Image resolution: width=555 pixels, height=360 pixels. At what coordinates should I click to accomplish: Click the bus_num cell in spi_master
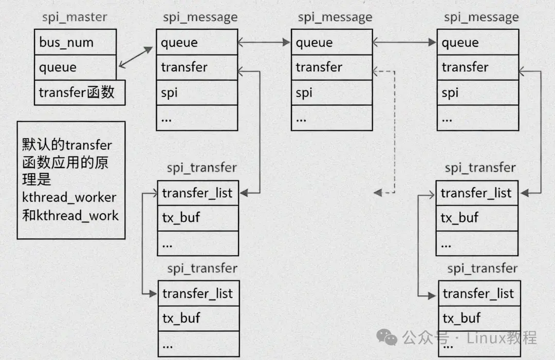(75, 42)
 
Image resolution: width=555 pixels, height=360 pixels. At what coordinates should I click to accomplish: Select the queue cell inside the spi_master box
(75, 67)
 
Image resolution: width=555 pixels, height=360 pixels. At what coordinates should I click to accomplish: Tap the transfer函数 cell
(79, 92)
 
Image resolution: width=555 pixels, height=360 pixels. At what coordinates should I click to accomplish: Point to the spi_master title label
(75, 17)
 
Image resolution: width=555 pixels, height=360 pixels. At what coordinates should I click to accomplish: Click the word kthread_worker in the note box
(69, 197)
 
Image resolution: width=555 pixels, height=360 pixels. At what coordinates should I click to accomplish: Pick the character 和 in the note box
(28, 215)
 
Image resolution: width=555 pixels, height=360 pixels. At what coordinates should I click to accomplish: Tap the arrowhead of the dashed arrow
(378, 193)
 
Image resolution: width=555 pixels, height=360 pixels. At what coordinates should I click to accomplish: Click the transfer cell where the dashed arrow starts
(331, 67)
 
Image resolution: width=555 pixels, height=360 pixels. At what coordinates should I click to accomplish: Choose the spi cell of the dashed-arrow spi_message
(331, 92)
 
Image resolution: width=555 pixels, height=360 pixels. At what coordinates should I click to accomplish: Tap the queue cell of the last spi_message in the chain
(477, 42)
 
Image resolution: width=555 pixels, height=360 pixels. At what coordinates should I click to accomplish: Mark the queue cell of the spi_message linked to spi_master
(197, 42)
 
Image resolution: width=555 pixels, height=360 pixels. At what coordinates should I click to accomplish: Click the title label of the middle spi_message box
(335, 17)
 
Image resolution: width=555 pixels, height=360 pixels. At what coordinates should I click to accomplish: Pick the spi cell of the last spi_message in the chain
(477, 92)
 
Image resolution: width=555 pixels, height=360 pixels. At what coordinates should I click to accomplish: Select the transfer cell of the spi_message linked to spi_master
(197, 67)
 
